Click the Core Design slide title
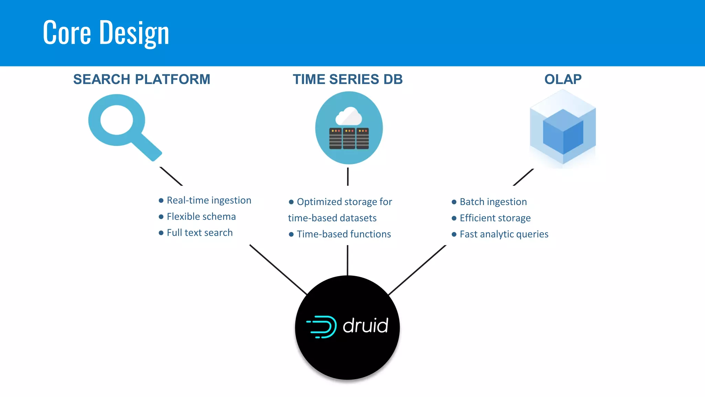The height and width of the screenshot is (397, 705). pyautogui.click(x=106, y=33)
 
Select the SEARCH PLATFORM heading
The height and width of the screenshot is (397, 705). pyautogui.click(x=141, y=79)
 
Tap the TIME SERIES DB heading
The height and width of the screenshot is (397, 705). pyautogui.click(x=348, y=79)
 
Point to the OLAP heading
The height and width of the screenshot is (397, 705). pyautogui.click(x=563, y=79)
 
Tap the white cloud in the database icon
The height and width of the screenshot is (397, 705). pyautogui.click(x=349, y=116)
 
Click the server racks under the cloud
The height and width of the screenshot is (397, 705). pyautogui.click(x=349, y=139)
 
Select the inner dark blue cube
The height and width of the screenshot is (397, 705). pyautogui.click(x=563, y=132)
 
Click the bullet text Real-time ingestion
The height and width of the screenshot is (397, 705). pyautogui.click(x=209, y=200)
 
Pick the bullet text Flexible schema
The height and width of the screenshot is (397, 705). pyautogui.click(x=201, y=216)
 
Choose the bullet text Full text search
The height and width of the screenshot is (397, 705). pyautogui.click(x=200, y=233)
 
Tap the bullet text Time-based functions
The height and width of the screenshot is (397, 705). pyautogui.click(x=344, y=234)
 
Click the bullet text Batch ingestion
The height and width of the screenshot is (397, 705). pyautogui.click(x=493, y=202)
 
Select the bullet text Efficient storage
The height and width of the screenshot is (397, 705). pyautogui.click(x=495, y=218)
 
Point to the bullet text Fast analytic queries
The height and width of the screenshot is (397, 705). pyautogui.click(x=504, y=234)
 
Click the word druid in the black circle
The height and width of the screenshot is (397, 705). pyautogui.click(x=366, y=326)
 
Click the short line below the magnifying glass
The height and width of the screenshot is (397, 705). pyautogui.click(x=171, y=176)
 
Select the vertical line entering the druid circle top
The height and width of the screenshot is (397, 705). pyautogui.click(x=347, y=260)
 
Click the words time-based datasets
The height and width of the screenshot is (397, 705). pyautogui.click(x=332, y=218)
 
